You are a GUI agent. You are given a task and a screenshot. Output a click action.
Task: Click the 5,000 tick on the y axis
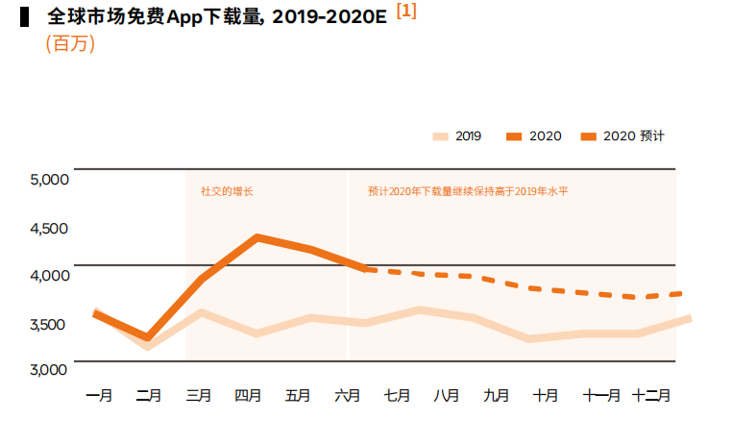[49, 179]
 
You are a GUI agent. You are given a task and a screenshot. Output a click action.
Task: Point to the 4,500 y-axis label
[49, 228]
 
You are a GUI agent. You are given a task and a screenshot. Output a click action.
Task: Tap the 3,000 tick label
[49, 369]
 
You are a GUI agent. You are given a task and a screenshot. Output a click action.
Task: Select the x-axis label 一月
[99, 395]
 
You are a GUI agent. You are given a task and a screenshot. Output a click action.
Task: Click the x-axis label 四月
[248, 395]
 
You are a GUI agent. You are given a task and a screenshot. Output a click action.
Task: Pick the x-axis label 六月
[348, 395]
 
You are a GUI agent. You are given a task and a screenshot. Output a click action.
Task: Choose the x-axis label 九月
[497, 395]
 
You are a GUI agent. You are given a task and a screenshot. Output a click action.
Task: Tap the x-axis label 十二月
[651, 395]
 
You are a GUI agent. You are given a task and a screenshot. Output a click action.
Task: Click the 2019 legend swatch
[441, 136]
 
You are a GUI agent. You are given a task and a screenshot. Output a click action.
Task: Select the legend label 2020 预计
[633, 136]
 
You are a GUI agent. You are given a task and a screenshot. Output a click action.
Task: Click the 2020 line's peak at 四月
[257, 236]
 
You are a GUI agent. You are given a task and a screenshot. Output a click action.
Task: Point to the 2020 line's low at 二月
[147, 337]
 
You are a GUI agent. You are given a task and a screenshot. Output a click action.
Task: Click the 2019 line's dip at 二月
[147, 346]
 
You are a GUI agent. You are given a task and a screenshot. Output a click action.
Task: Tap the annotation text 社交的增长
[227, 191]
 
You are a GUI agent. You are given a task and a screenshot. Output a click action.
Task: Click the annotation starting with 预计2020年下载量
[468, 191]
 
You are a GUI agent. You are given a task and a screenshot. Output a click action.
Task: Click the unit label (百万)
[70, 44]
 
